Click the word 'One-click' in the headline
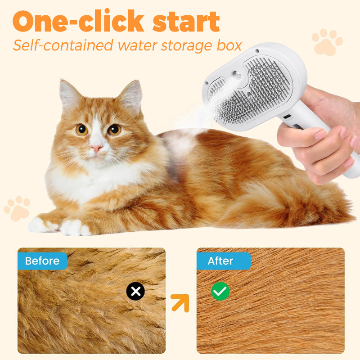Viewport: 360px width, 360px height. click(x=78, y=21)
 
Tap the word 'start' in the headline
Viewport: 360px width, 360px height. click(x=186, y=21)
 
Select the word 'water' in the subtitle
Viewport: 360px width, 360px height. click(x=139, y=45)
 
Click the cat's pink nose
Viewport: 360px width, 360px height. click(x=96, y=148)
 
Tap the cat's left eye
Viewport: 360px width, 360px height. click(x=82, y=130)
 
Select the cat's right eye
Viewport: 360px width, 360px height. click(x=114, y=130)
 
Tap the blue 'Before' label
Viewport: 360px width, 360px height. click(x=42, y=261)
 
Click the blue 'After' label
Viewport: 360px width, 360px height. click(x=224, y=261)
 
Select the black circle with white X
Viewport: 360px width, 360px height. click(x=135, y=291)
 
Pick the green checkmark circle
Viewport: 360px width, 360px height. click(x=220, y=291)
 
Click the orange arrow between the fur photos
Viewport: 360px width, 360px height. click(x=180, y=303)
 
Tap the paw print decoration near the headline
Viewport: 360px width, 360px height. click(x=327, y=42)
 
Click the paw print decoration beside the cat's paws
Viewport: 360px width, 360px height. click(x=17, y=208)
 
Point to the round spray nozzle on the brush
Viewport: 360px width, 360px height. click(x=237, y=75)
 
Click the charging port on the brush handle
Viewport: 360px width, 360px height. click(x=287, y=117)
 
